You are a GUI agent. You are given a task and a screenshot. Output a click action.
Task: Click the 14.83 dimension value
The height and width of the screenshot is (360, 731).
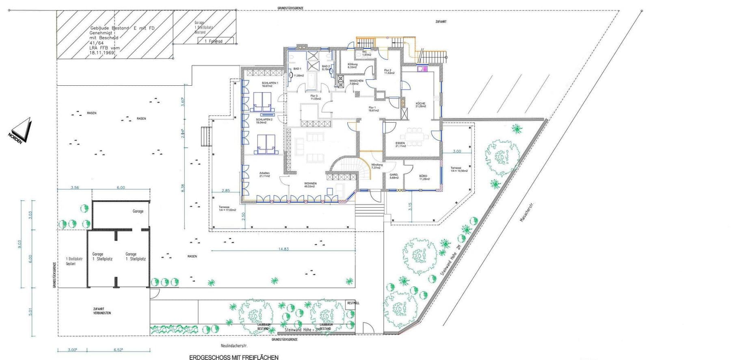click(x=283, y=249)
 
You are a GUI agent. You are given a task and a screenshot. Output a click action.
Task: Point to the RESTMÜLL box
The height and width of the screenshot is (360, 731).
click(x=353, y=303)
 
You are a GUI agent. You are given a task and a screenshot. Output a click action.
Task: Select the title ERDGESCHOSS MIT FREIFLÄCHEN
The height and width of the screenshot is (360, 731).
click(x=234, y=357)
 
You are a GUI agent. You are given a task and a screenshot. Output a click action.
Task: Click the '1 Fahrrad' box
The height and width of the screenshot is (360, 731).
click(x=215, y=41)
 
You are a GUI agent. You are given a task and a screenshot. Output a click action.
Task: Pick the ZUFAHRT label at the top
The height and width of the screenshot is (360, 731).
click(x=441, y=22)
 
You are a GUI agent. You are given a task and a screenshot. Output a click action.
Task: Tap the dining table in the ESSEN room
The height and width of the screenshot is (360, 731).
click(x=414, y=137)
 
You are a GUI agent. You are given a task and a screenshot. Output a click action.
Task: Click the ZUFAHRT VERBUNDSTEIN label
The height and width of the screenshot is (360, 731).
click(x=102, y=311)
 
